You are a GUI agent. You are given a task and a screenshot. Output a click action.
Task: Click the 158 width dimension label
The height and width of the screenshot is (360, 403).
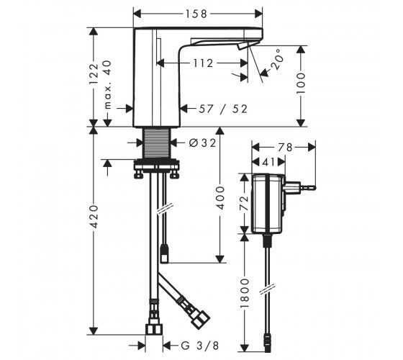click(x=196, y=14)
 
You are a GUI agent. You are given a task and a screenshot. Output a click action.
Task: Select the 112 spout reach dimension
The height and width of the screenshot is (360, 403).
click(x=203, y=63)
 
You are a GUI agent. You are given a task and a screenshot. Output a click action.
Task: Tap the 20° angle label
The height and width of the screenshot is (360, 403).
click(x=278, y=59)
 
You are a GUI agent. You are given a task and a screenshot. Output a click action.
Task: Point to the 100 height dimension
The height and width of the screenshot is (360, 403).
click(x=301, y=84)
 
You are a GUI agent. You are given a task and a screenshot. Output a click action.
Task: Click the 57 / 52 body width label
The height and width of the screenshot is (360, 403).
click(x=223, y=109)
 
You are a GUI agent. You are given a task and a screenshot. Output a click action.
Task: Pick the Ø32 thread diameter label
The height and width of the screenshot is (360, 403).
click(x=203, y=143)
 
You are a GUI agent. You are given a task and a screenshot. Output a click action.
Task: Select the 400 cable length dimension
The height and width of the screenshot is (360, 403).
click(x=220, y=198)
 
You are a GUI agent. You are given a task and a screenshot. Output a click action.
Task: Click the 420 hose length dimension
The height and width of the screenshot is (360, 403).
click(x=94, y=217)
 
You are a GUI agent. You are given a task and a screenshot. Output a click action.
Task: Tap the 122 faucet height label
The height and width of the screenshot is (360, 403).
click(x=94, y=73)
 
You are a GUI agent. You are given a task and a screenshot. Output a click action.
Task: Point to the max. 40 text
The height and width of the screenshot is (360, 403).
click(x=108, y=84)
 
